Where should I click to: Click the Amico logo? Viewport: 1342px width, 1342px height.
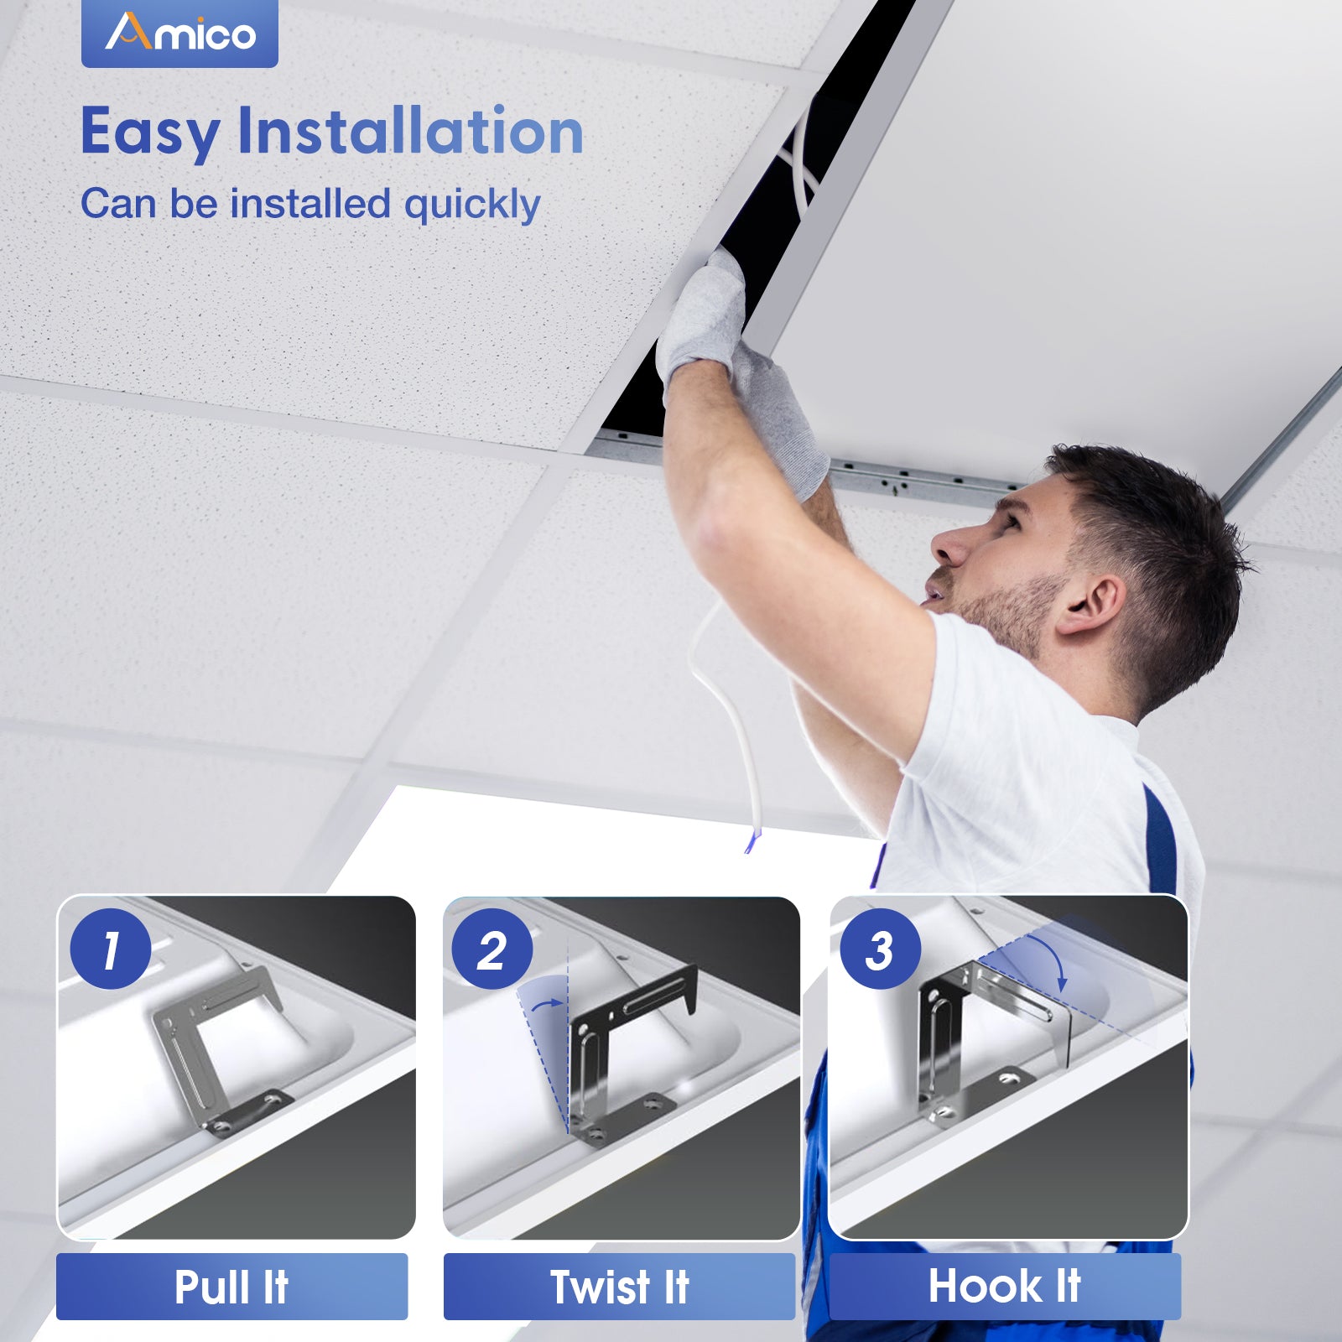[179, 33]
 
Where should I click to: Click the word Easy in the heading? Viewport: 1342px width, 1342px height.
[150, 133]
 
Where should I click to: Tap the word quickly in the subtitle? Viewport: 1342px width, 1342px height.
[472, 205]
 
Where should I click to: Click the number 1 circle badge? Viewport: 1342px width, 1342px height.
[111, 949]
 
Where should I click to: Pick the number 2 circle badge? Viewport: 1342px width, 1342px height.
[492, 949]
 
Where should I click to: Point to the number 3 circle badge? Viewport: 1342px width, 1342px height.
[880, 949]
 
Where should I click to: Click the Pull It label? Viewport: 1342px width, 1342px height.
[231, 1287]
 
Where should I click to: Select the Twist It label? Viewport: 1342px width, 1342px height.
[619, 1287]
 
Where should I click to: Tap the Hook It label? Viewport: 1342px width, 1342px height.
[1005, 1286]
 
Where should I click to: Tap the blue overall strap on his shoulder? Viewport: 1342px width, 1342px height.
[1160, 840]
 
